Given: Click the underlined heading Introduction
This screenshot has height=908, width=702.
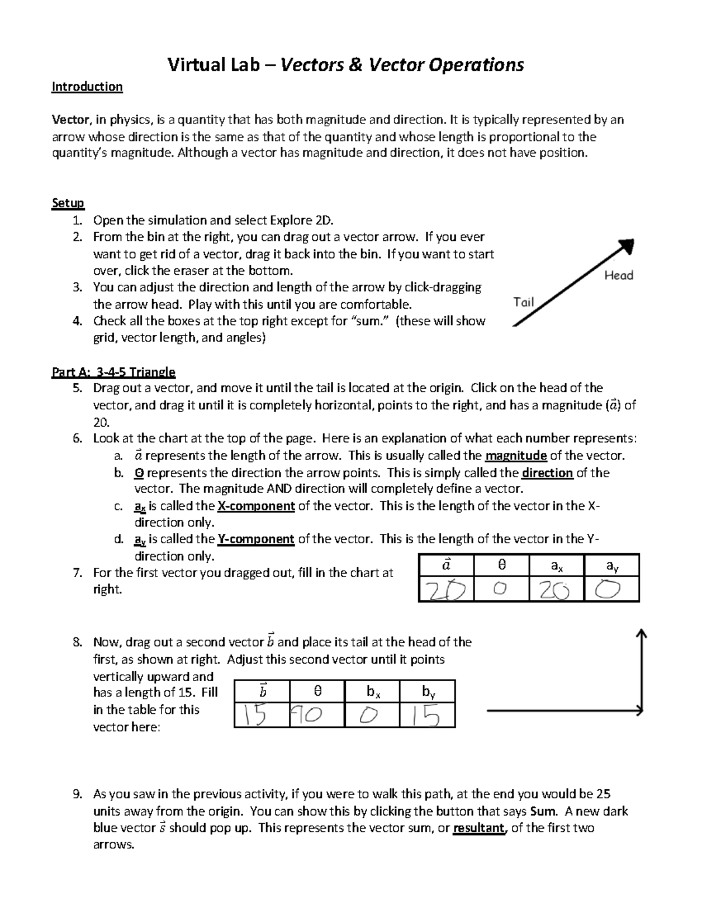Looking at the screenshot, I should (x=87, y=87).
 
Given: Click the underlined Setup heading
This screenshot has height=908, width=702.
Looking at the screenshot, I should (x=68, y=203).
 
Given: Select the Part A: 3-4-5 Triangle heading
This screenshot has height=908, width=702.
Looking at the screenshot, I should (x=113, y=372).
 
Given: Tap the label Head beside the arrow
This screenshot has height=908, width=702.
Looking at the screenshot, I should (x=618, y=275).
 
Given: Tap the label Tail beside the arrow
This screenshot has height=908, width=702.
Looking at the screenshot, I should (x=524, y=302).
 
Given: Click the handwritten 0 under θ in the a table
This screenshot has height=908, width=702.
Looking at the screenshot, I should (x=500, y=589).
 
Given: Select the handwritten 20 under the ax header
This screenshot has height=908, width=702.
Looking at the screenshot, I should (x=555, y=590).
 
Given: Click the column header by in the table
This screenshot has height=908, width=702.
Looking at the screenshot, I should (x=428, y=692).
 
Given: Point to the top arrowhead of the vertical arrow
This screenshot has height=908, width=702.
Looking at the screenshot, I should (x=642, y=634).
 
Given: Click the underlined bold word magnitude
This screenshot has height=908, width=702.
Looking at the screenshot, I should (x=516, y=456).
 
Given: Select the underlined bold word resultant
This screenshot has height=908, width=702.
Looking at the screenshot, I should (x=479, y=828).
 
